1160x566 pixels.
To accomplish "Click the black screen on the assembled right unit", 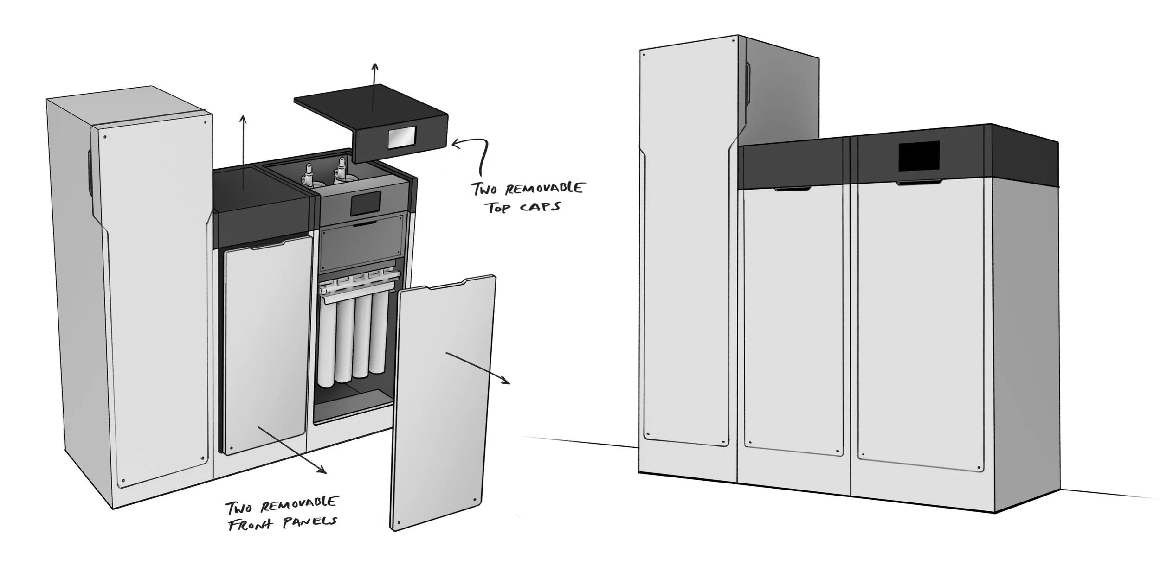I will (x=919, y=156).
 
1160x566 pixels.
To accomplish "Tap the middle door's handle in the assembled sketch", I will (x=793, y=189).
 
